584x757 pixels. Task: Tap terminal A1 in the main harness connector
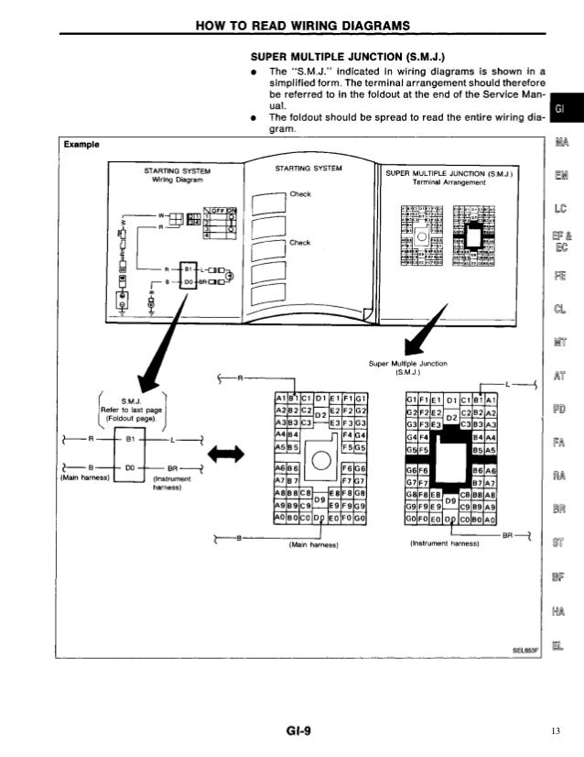click(278, 398)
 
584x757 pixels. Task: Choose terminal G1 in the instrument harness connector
click(410, 398)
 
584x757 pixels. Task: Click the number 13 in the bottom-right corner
click(556, 730)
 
